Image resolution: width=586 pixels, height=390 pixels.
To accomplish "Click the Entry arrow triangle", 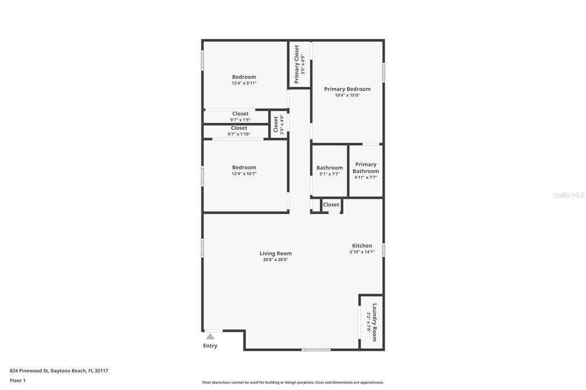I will pos(210,336).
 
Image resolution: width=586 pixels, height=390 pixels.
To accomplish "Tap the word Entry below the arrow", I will pos(210,346).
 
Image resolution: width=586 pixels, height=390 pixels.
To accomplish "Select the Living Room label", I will pos(275,253).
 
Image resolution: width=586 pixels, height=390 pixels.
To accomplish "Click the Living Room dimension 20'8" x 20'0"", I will pos(275,260).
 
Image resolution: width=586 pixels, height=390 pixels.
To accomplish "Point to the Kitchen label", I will pos(362,246).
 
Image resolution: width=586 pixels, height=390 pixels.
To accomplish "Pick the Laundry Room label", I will pos(375,322).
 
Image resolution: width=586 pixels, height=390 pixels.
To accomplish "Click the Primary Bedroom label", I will pos(347,89).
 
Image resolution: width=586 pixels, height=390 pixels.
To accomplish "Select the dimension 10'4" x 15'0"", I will pos(347,95).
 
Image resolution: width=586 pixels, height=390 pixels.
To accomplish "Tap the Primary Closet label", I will pos(296,64).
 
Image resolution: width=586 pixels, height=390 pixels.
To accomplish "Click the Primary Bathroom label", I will pos(366,168).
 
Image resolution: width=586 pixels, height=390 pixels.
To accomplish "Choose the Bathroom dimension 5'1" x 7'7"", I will pos(329,174).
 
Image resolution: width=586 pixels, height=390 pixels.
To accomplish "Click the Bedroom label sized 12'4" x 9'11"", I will pos(244,77).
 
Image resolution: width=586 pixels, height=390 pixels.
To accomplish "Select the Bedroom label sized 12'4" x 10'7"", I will pos(244,167).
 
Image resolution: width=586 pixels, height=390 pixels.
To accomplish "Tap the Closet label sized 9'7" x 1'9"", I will pos(240,114).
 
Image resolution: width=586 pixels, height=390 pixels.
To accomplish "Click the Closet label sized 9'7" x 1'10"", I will pos(239,128).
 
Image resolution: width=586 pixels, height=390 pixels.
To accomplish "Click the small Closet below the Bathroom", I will pos(331,205).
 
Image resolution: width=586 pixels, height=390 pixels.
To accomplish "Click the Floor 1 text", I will pos(18,380).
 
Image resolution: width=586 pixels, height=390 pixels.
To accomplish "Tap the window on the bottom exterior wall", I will pos(316,349).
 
